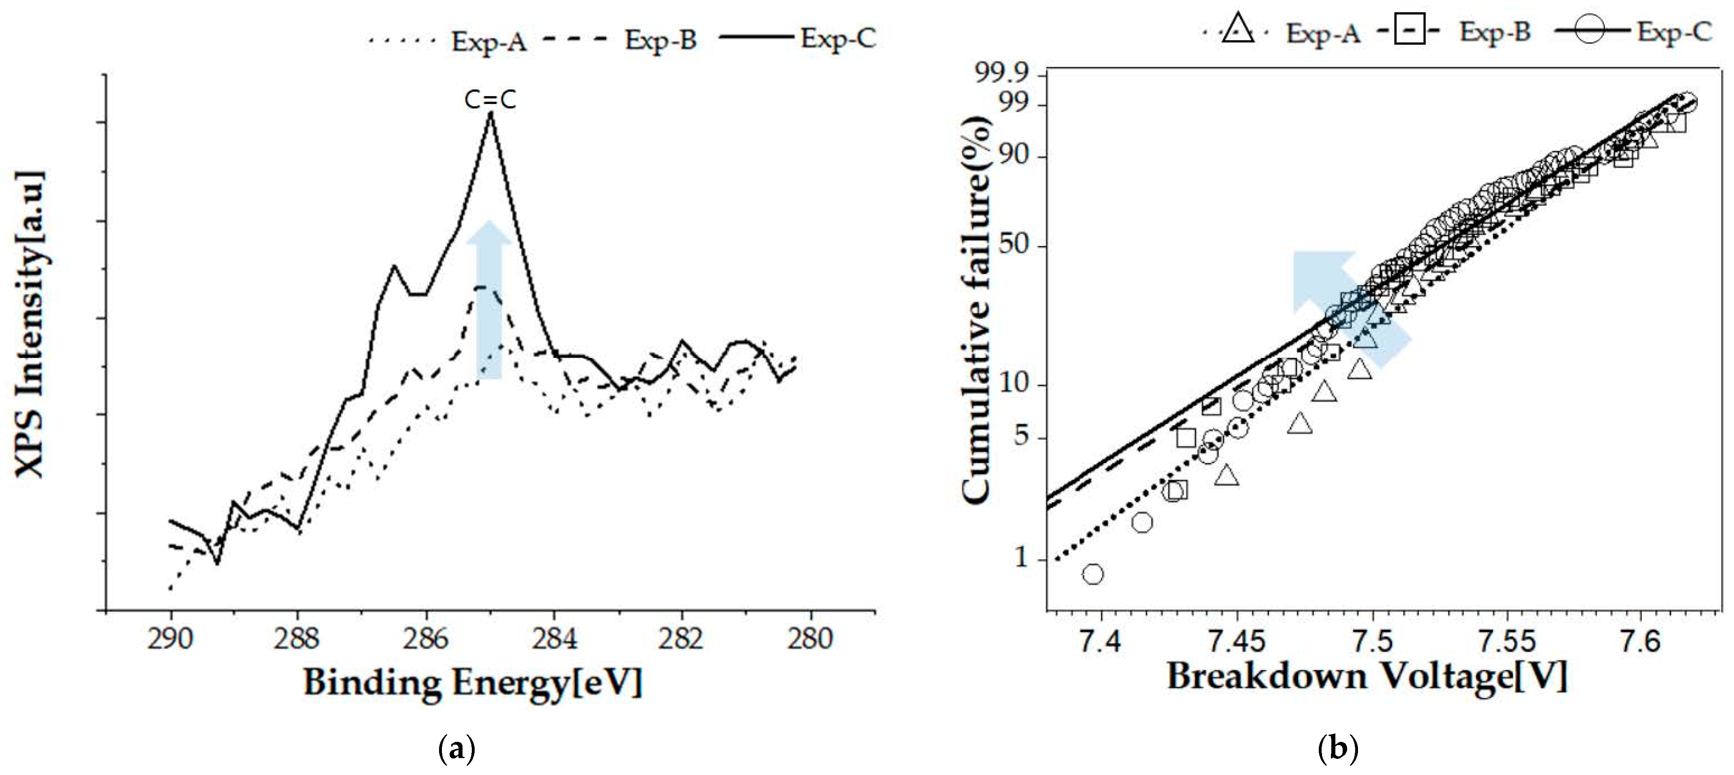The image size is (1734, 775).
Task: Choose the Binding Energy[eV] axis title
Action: click(473, 683)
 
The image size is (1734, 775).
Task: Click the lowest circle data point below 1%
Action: click(1093, 574)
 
